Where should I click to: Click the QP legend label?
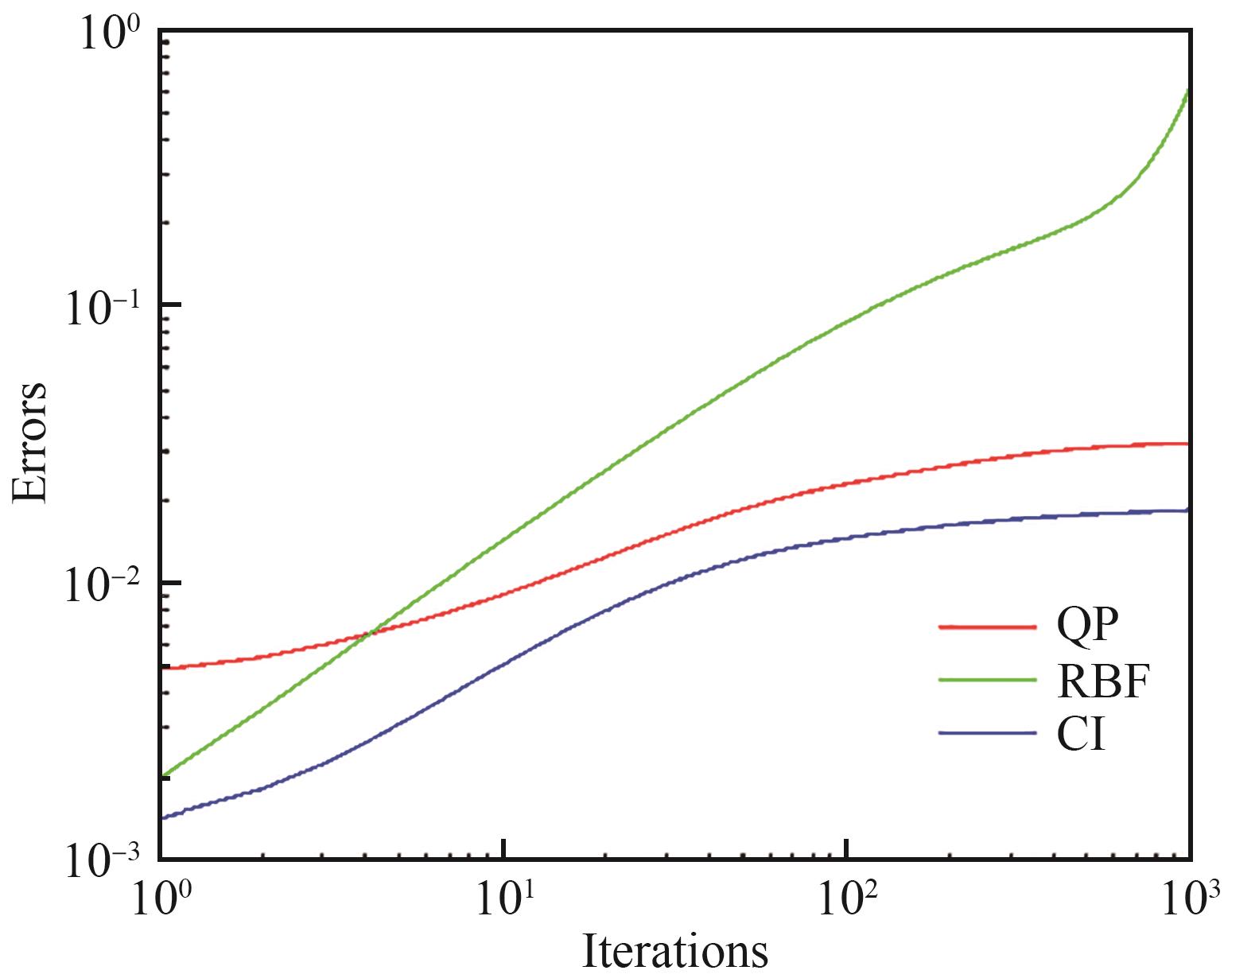click(1086, 627)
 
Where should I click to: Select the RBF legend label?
click(1104, 681)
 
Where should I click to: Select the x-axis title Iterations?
click(675, 951)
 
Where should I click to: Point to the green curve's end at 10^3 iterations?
click(1188, 91)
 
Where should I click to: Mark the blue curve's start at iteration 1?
click(161, 817)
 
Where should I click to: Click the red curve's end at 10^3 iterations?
click(1188, 444)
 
